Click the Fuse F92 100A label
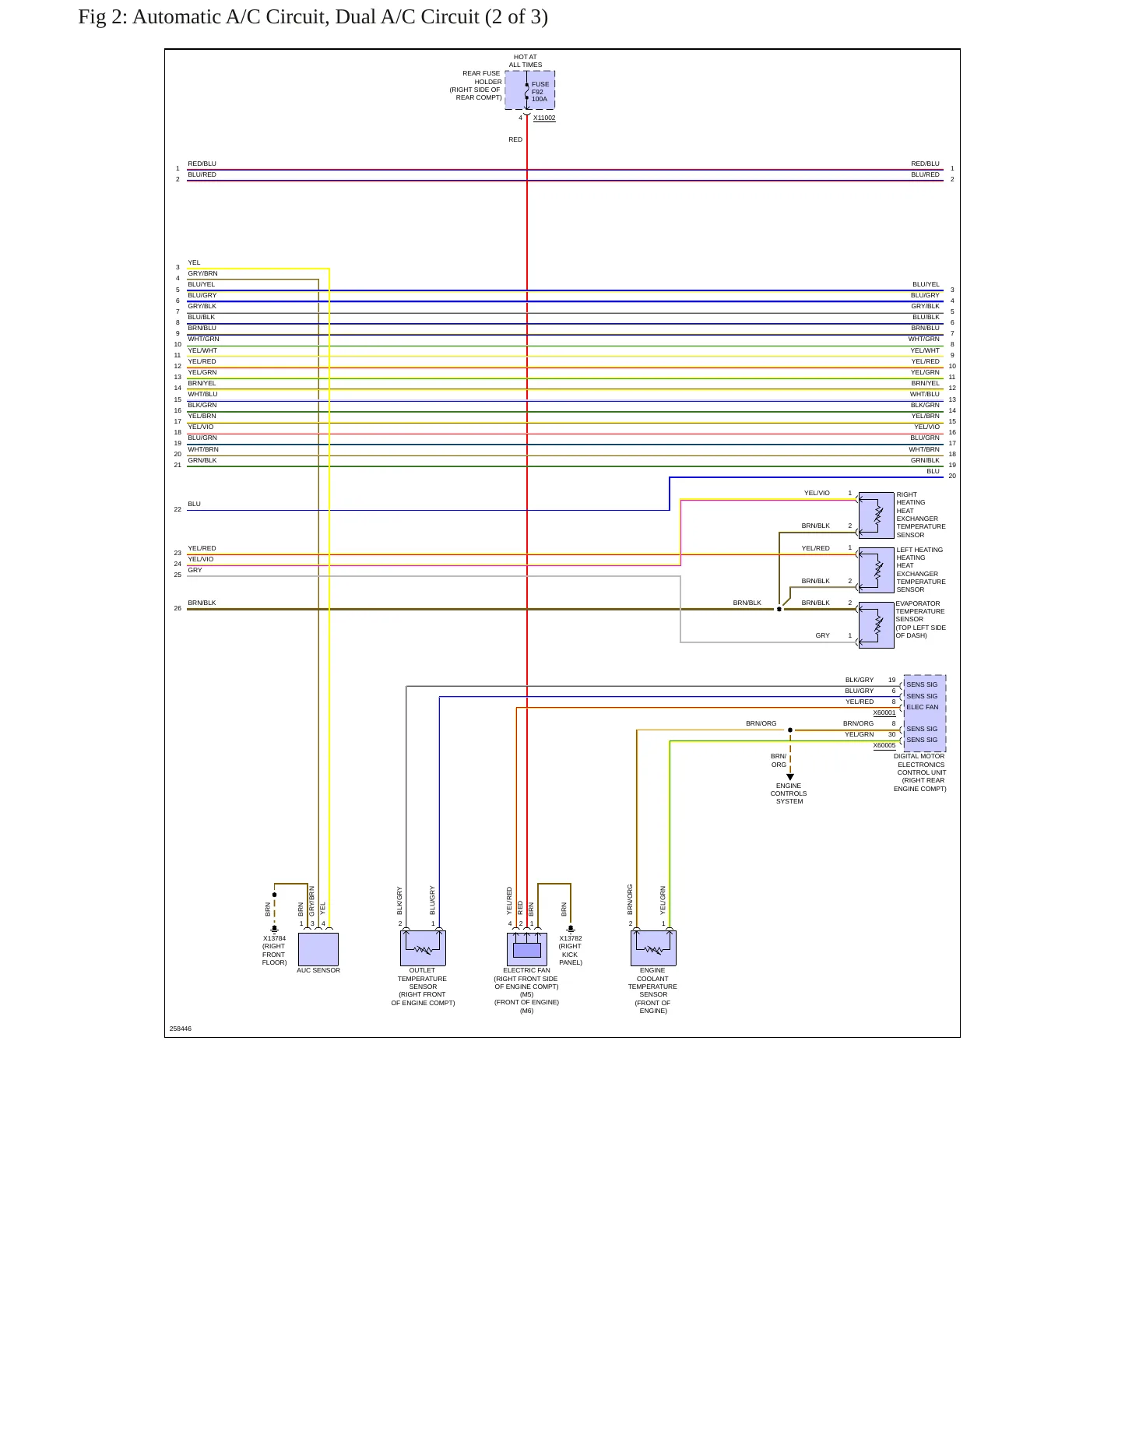(x=540, y=92)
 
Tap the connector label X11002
(x=544, y=118)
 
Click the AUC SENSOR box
(x=318, y=949)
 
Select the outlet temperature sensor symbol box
(x=423, y=948)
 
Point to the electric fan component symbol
(x=527, y=949)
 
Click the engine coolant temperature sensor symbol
(x=653, y=948)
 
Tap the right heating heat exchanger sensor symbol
(x=876, y=515)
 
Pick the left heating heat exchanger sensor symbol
(x=876, y=570)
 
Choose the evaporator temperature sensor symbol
(x=876, y=624)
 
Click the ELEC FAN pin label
(x=923, y=708)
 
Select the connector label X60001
(x=884, y=713)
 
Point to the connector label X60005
(x=884, y=746)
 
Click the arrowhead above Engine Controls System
(x=790, y=777)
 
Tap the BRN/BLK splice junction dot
(x=779, y=610)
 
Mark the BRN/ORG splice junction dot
(x=790, y=730)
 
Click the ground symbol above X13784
(x=274, y=929)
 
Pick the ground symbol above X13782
(x=571, y=929)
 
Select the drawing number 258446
(x=181, y=1029)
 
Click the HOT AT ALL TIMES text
(x=526, y=61)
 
